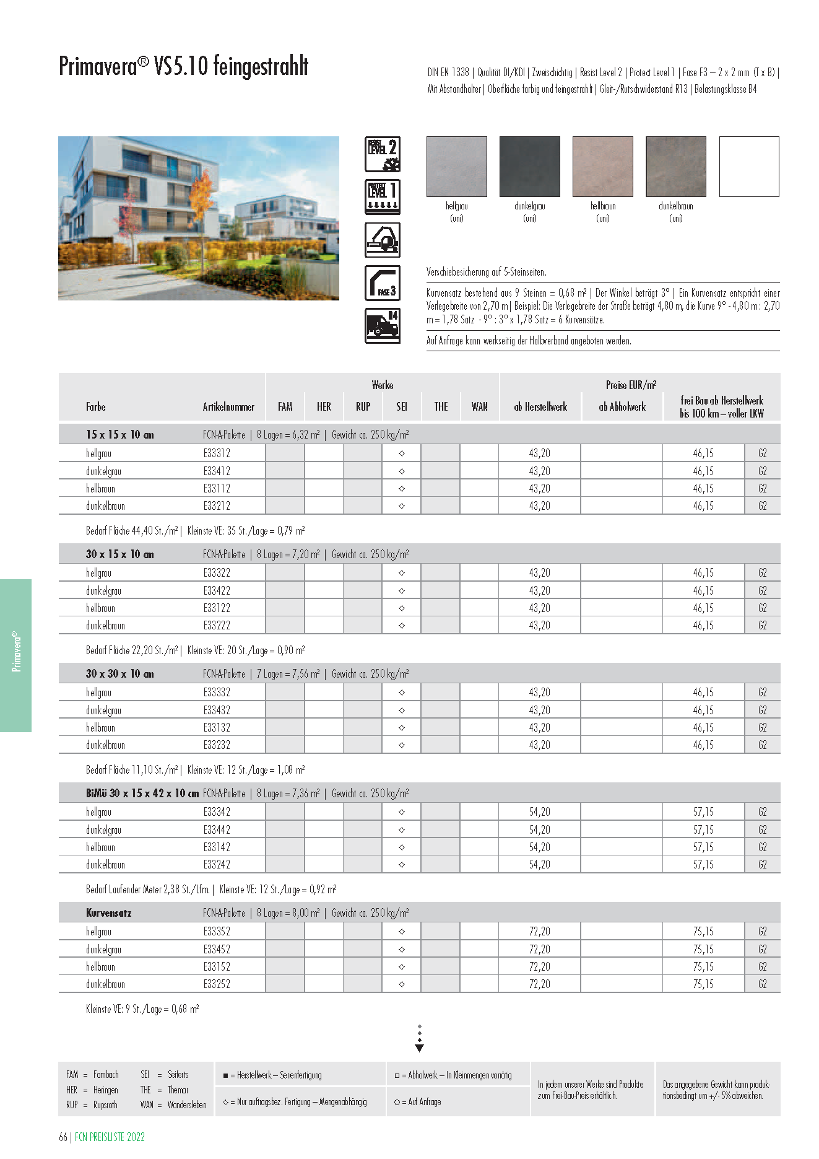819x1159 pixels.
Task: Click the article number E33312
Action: [x=217, y=453]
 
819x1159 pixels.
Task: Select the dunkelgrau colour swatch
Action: [x=529, y=167]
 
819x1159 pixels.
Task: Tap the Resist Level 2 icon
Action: [x=383, y=154]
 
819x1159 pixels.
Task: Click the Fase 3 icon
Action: [x=383, y=283]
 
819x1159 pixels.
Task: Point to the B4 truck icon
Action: [x=383, y=326]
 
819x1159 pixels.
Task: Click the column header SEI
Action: [x=402, y=407]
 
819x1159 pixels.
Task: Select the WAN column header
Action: [x=479, y=407]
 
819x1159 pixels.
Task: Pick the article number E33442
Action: [x=217, y=829]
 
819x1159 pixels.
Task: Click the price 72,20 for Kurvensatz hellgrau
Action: [x=539, y=932]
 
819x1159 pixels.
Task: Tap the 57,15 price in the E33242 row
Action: [x=703, y=865]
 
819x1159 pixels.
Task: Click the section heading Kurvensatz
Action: [x=109, y=913]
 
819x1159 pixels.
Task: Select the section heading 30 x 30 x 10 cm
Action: [x=120, y=674]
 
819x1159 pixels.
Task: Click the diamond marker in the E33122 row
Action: [x=402, y=608]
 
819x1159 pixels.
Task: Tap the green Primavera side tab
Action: [x=16, y=655]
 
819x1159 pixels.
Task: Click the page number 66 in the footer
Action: [x=63, y=1137]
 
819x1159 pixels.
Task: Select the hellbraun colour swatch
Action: [x=602, y=167]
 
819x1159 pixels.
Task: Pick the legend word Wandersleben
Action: [x=186, y=1104]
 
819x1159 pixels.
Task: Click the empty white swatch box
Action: [x=748, y=167]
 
